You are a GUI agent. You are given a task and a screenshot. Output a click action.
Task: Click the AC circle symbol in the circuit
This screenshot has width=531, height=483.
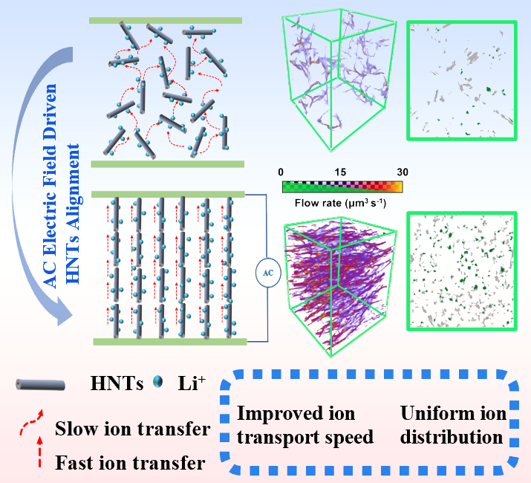click(x=267, y=272)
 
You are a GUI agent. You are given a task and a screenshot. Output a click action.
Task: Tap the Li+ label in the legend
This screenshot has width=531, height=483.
click(x=191, y=383)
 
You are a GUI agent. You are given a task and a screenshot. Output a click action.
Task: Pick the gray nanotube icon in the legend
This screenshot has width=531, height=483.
click(x=40, y=384)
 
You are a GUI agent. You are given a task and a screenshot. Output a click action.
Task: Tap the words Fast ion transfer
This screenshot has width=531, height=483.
click(x=130, y=464)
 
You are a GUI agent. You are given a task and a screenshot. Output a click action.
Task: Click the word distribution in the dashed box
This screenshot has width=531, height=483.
click(x=452, y=437)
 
